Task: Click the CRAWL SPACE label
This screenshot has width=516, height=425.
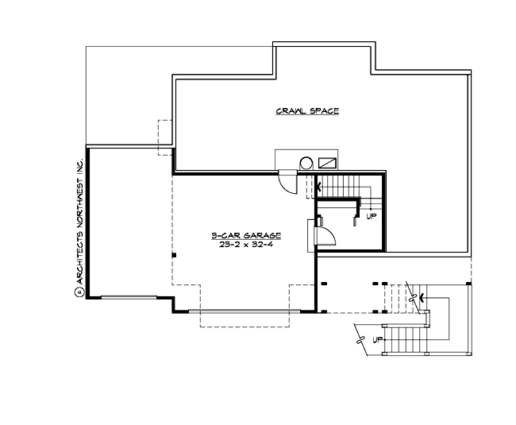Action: tap(307, 111)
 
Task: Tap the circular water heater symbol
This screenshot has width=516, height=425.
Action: tap(306, 164)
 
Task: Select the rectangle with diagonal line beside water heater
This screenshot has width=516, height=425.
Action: tap(327, 162)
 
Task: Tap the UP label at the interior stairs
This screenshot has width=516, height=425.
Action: tap(371, 215)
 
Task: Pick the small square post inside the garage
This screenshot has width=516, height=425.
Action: tap(173, 255)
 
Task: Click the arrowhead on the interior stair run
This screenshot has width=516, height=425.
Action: tap(319, 188)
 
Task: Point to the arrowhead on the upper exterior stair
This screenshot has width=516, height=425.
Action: tap(421, 299)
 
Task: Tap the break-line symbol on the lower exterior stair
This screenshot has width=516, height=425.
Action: tap(364, 341)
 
